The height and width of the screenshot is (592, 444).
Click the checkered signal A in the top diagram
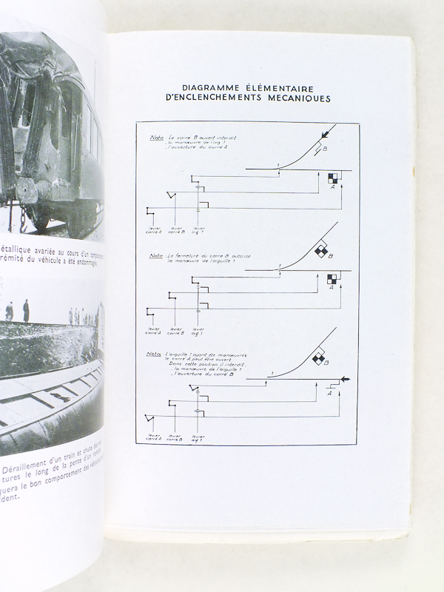tap(332, 178)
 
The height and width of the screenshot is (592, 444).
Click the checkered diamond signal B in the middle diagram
tap(320, 252)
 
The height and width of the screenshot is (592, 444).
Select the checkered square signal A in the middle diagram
tap(332, 279)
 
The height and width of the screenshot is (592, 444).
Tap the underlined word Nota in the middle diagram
tap(157, 256)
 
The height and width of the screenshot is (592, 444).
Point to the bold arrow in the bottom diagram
tap(343, 379)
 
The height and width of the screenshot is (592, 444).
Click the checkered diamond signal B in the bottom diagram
tap(320, 360)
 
